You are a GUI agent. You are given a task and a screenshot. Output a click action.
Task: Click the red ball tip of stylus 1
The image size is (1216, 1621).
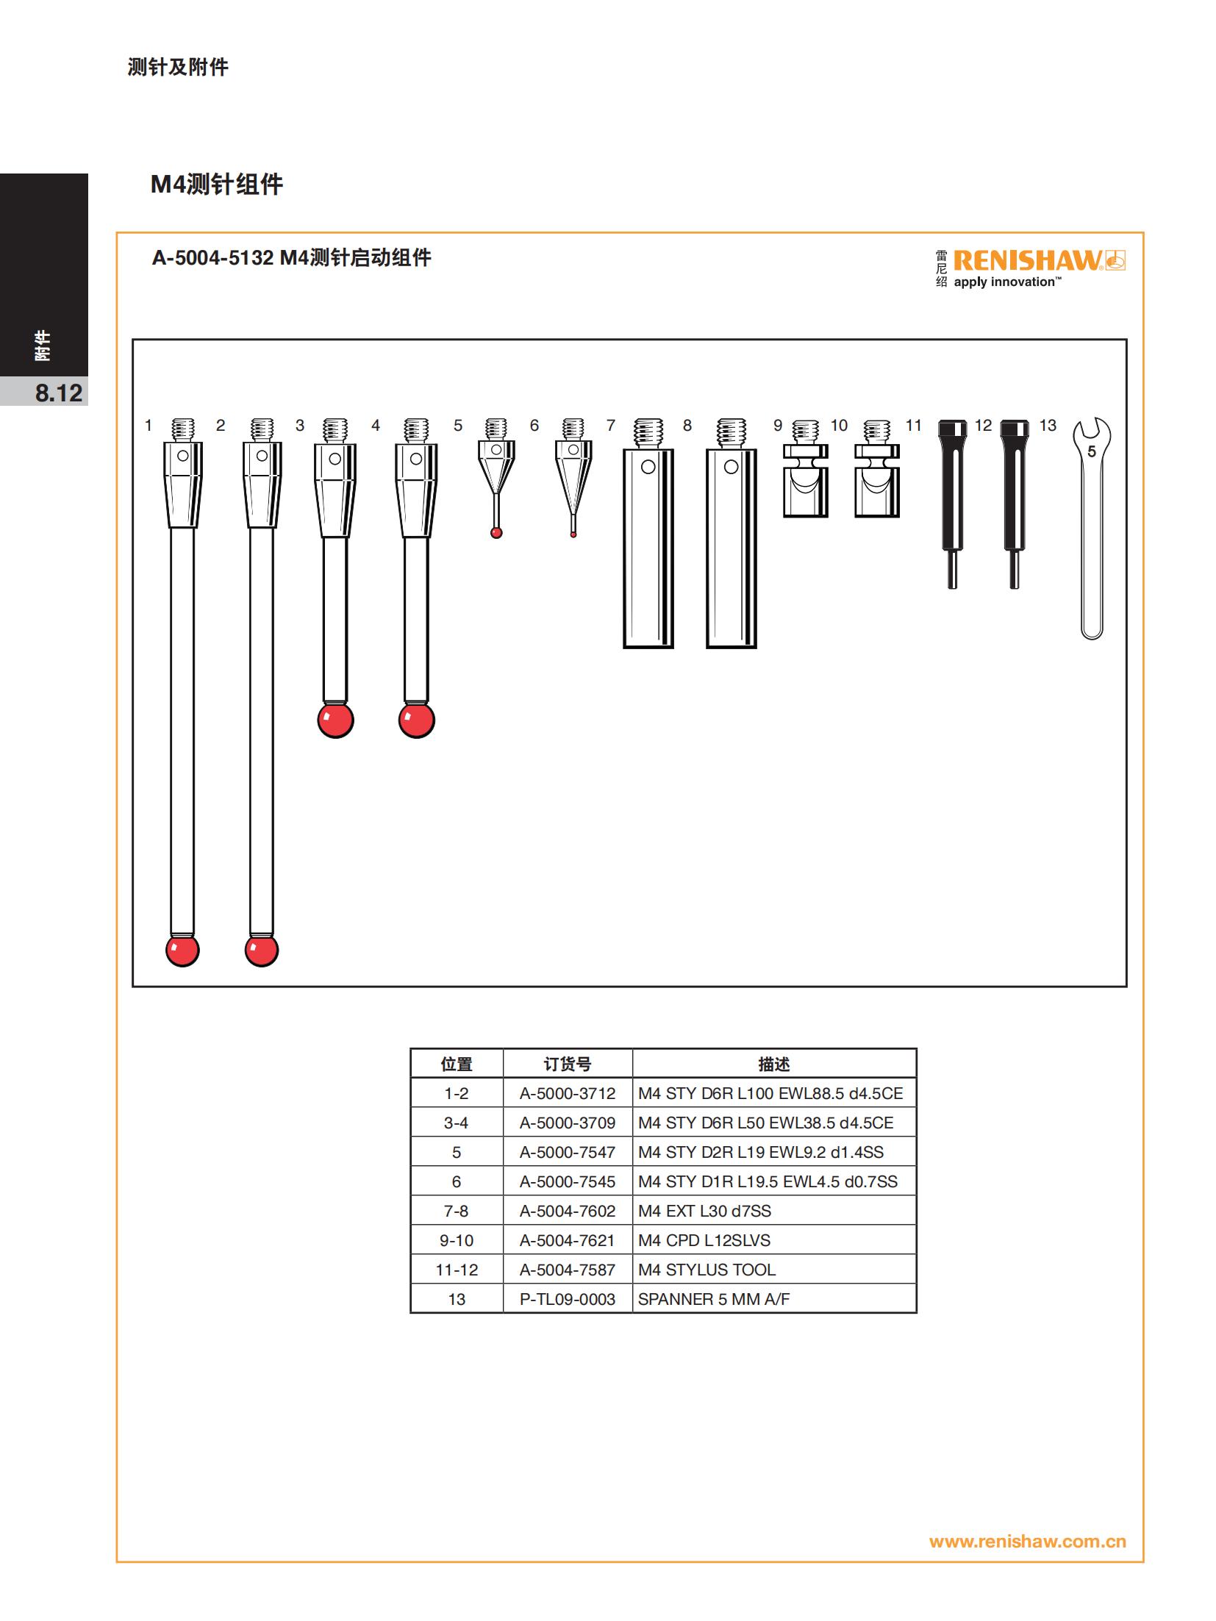coord(182,950)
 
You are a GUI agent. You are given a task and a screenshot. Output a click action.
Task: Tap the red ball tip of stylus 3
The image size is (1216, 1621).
coord(335,720)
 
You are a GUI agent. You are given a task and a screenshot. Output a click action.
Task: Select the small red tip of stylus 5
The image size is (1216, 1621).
coord(496,533)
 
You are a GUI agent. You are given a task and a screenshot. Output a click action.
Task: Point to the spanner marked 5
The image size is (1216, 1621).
coord(1092,528)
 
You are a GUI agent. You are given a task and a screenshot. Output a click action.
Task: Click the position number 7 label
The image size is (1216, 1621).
coord(610,425)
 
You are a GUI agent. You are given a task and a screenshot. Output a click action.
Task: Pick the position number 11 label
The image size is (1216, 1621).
coord(913,425)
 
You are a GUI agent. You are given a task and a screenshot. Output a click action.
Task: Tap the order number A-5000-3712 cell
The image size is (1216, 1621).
coord(568,1093)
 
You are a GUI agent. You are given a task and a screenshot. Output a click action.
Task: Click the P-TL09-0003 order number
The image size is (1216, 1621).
coord(568,1299)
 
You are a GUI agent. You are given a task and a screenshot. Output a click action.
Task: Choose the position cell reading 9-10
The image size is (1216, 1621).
coord(457,1240)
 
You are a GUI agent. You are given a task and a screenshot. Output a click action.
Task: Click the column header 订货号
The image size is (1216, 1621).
coord(568,1064)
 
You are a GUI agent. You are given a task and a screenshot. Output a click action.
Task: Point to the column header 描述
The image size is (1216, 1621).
coord(774,1064)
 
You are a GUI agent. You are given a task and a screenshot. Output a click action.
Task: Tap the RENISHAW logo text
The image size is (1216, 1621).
coord(1028,260)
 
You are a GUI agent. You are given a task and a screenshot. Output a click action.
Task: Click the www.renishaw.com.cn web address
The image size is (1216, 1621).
coord(1027,1542)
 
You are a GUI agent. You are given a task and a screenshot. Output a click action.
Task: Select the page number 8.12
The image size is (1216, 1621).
coord(59,393)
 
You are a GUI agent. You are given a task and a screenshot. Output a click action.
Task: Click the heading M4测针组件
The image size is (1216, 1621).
coord(217,184)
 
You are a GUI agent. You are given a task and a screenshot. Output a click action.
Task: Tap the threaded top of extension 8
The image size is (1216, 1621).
coord(731,434)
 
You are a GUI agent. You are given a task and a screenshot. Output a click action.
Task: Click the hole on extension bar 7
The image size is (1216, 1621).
coord(648,467)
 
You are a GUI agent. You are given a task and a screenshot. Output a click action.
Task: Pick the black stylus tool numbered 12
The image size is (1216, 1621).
coord(1015,504)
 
